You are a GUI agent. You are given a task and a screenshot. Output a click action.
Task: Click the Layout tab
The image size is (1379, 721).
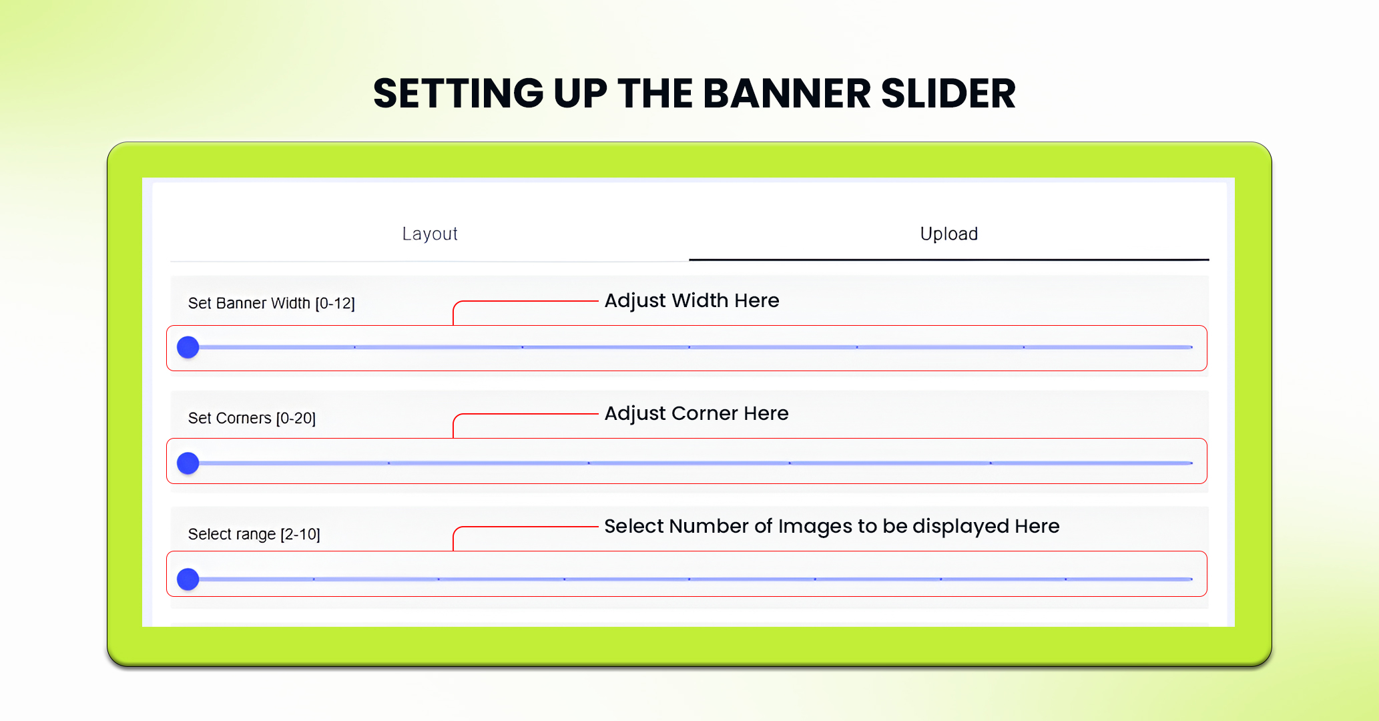[x=430, y=234]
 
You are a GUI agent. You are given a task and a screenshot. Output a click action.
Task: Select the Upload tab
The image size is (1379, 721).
[x=948, y=234]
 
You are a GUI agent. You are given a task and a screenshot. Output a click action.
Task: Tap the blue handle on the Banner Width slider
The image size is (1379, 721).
[x=188, y=347]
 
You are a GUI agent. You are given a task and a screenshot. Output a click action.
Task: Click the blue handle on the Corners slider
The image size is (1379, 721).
[x=188, y=463]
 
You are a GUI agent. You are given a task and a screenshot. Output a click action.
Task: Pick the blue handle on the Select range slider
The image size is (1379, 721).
[x=188, y=579]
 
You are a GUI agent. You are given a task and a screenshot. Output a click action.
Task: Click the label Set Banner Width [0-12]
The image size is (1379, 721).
[x=271, y=303]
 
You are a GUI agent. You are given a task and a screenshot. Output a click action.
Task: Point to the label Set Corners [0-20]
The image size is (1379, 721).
[x=252, y=418]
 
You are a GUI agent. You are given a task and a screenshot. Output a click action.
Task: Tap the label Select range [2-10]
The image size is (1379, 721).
[x=254, y=534]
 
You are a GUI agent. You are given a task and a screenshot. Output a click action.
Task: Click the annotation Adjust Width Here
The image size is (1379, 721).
[x=692, y=300]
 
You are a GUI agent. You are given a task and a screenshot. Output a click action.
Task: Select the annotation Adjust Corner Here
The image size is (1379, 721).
[x=696, y=413]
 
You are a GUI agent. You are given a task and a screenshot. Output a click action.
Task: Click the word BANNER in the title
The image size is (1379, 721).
[x=786, y=93]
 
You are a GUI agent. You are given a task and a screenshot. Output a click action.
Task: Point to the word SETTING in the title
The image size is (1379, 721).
[x=458, y=93]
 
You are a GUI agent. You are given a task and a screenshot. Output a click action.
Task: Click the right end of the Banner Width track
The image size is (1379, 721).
[x=1191, y=347]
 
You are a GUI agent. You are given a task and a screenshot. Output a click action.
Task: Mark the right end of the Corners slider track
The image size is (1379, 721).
[x=1191, y=463]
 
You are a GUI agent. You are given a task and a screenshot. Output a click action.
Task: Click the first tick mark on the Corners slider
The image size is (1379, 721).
[x=388, y=463]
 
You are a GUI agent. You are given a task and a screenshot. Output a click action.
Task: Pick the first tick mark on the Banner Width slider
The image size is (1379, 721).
[x=354, y=347]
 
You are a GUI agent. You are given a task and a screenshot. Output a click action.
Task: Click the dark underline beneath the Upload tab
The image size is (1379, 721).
[x=948, y=260]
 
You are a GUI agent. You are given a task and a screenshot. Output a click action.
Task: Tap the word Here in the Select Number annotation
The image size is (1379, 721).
[x=1037, y=526]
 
